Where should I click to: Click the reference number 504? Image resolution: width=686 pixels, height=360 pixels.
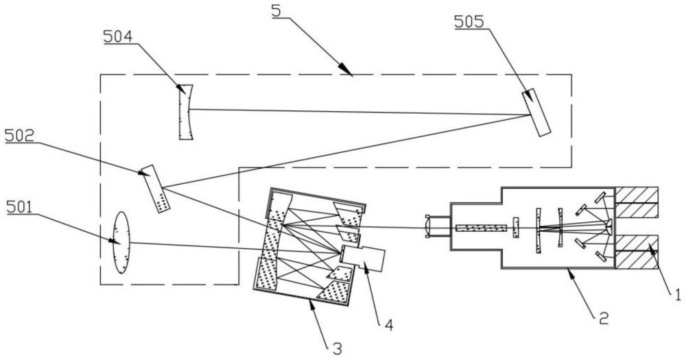click(x=118, y=37)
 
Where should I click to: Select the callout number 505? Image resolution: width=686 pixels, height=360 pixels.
click(x=469, y=21)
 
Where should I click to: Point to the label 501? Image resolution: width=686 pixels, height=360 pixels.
click(x=21, y=207)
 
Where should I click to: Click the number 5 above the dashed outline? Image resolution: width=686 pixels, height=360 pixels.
click(x=276, y=11)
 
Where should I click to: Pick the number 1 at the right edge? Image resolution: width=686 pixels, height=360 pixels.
click(x=678, y=296)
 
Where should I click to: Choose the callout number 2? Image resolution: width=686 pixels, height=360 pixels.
click(x=604, y=317)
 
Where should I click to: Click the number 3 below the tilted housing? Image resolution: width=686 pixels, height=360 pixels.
click(x=337, y=348)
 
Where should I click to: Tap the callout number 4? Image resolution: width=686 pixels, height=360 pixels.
click(x=388, y=325)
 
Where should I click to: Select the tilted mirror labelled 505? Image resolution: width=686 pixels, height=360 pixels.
click(x=536, y=112)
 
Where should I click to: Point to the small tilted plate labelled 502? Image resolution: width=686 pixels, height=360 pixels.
click(x=155, y=189)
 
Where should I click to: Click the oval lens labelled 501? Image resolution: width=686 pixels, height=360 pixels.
click(x=121, y=243)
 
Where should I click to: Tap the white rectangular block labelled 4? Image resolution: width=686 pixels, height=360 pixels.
click(x=362, y=258)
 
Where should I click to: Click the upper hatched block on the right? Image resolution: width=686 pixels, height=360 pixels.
click(x=637, y=202)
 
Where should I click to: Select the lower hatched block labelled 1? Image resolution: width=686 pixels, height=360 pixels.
click(x=637, y=252)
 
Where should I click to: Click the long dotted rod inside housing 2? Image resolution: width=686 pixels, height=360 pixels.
click(x=481, y=228)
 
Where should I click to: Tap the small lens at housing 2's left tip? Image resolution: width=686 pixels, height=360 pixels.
click(x=428, y=226)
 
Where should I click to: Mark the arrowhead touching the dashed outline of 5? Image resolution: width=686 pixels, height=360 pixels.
click(x=346, y=70)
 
